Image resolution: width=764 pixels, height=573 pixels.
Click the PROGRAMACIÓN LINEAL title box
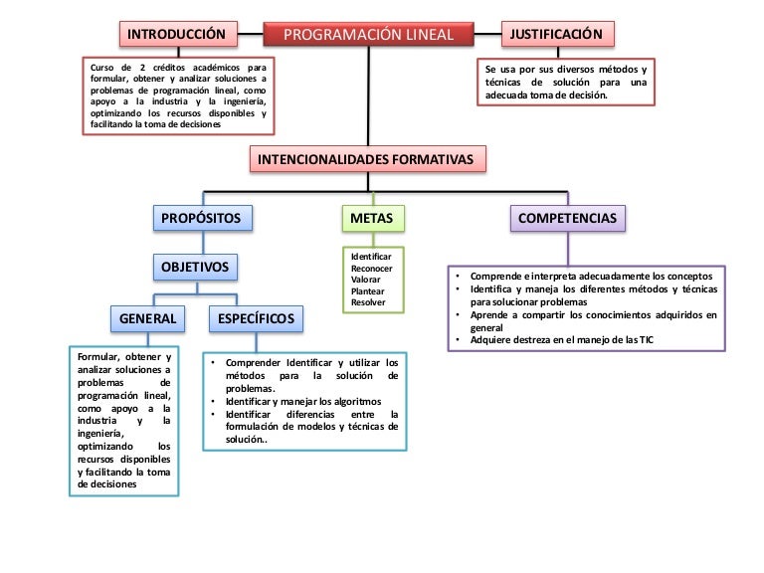(368, 35)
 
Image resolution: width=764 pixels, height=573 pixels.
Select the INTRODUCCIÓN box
(181, 35)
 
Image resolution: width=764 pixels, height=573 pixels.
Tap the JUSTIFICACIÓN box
(556, 35)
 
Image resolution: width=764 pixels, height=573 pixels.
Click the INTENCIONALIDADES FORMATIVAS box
(367, 159)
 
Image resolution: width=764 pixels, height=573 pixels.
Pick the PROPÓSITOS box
(202, 218)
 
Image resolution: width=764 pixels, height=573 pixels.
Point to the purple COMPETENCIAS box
(567, 218)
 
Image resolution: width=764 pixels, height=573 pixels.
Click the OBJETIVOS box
(195, 267)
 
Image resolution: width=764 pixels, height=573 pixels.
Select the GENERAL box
(147, 318)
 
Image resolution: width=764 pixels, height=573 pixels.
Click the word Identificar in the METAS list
(371, 257)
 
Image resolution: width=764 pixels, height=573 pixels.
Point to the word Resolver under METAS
(368, 302)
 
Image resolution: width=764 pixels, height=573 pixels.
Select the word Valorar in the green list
(366, 280)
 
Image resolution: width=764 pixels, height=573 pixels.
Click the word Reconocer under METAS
(372, 269)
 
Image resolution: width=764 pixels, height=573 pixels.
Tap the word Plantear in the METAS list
(367, 291)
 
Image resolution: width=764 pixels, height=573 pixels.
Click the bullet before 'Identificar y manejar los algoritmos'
(214, 401)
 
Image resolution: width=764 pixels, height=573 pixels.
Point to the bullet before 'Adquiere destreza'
(458, 340)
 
